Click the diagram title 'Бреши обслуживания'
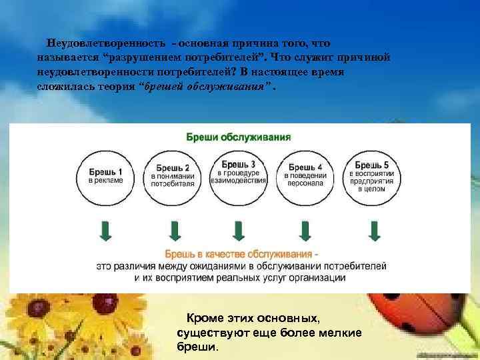238,138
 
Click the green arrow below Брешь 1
106,231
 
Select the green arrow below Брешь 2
174,231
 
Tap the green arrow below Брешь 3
239,231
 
